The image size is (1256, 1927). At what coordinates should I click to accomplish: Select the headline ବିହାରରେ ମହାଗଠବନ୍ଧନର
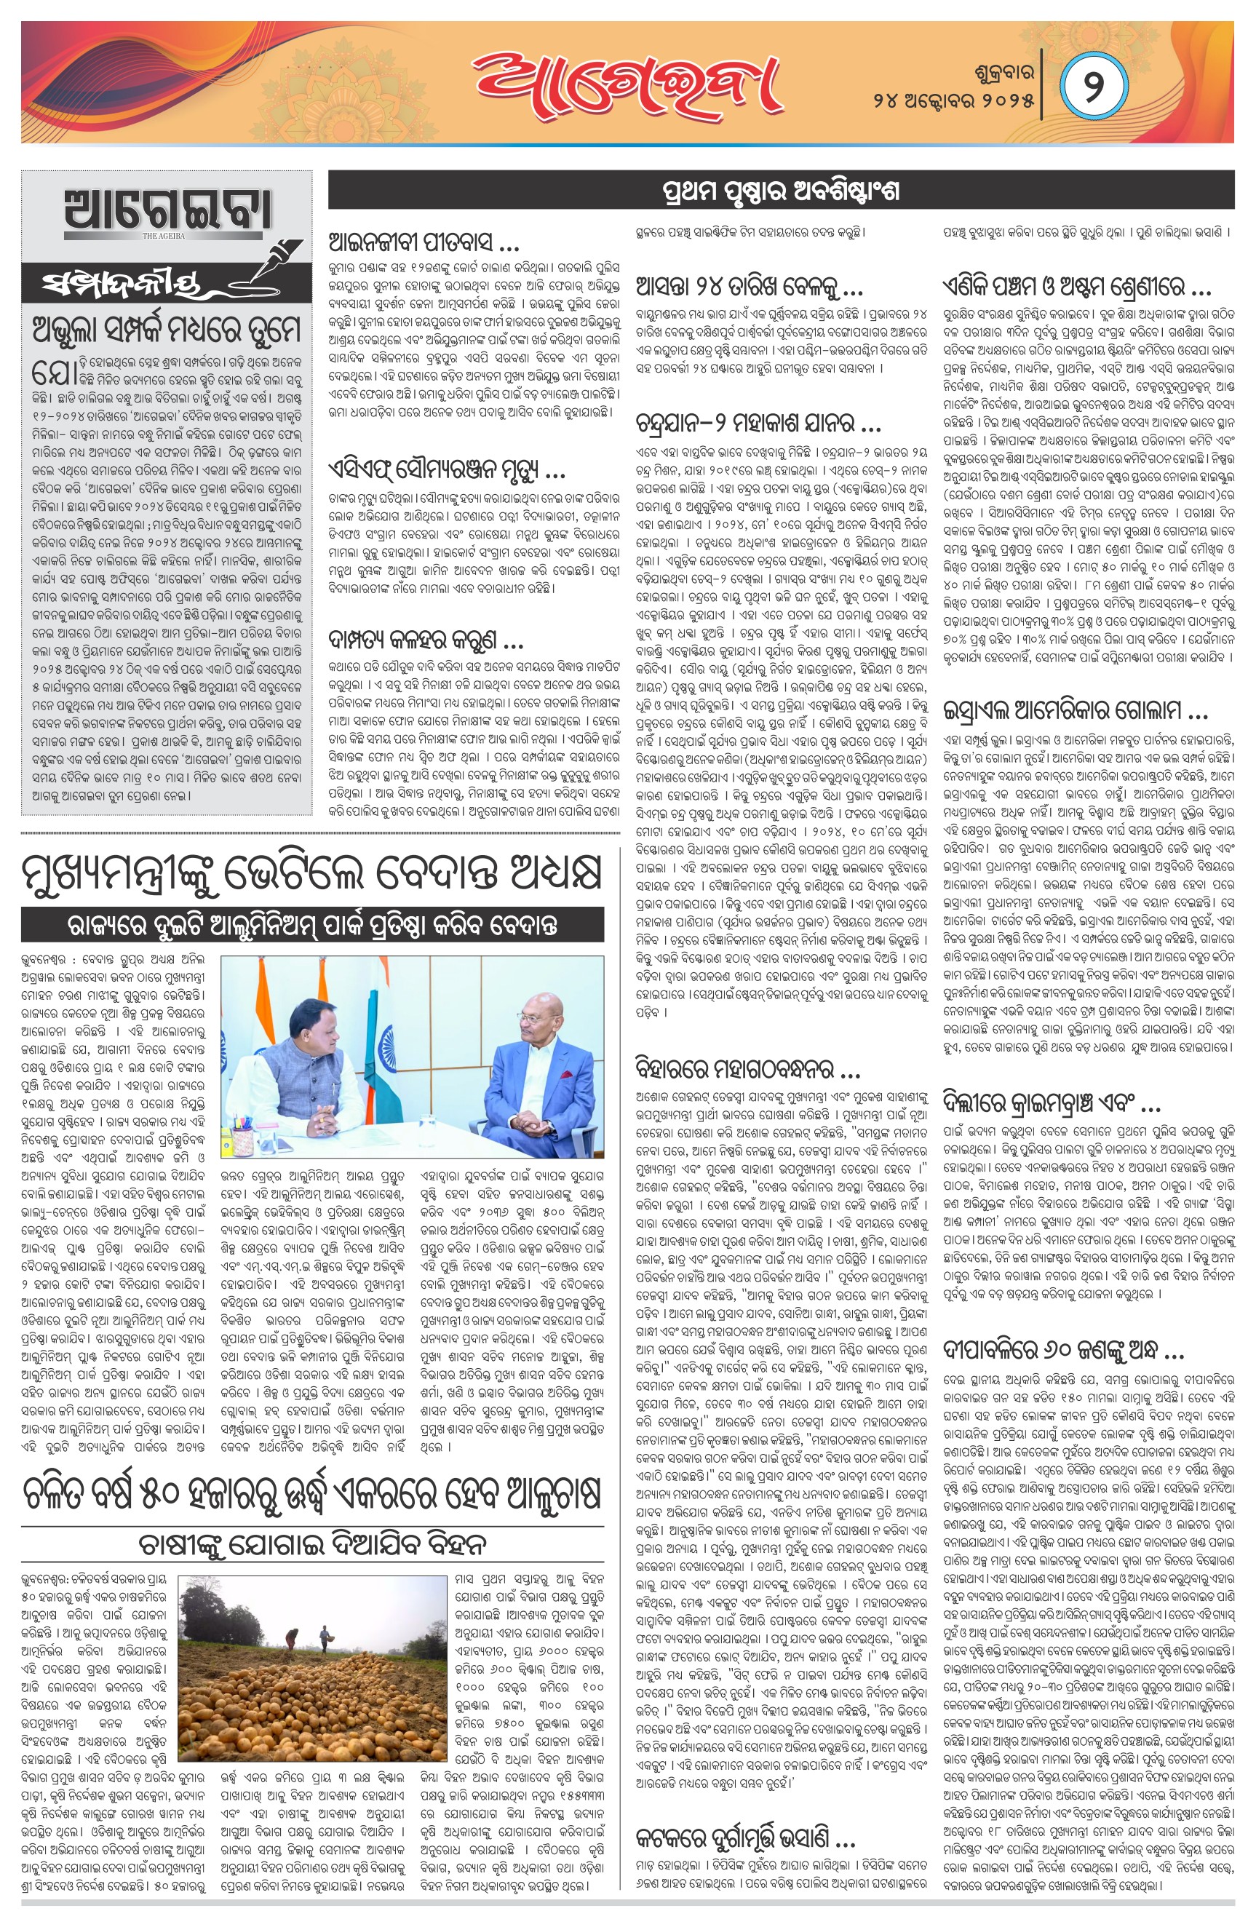(747, 1071)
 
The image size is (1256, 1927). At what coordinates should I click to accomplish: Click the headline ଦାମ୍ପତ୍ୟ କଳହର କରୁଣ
(426, 643)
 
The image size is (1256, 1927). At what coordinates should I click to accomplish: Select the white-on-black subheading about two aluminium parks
(313, 926)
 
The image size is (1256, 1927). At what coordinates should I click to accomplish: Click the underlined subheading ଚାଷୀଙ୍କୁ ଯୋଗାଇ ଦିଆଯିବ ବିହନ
(311, 1545)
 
